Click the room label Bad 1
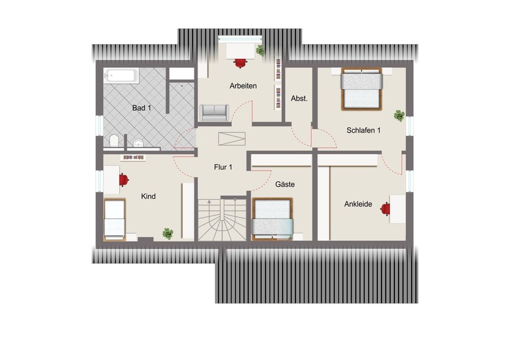point(141,108)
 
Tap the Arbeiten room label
point(243,86)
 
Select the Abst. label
point(299,98)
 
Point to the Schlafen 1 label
point(363,130)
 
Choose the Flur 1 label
point(223,167)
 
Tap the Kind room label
point(148,197)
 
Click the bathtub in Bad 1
point(122,76)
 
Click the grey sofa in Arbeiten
point(214,112)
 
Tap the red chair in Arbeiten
point(240,61)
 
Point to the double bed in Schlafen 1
point(361,89)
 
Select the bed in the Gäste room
point(273,218)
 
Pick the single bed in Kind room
point(114,219)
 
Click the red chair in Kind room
point(124,179)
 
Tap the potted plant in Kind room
point(168,233)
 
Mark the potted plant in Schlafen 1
point(399,115)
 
